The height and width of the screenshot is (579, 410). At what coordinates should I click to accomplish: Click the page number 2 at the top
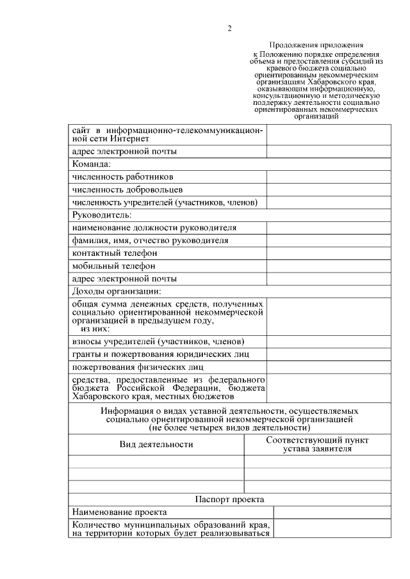229,28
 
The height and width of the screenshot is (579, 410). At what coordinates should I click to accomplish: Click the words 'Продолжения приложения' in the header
316,45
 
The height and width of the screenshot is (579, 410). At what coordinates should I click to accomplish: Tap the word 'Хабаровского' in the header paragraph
331,81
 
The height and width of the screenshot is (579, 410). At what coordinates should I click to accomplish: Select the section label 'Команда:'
92,164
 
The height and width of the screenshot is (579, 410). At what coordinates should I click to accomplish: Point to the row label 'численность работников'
122,177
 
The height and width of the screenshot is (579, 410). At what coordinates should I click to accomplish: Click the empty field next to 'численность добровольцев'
328,190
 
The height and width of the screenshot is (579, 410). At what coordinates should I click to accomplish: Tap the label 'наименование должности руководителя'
154,228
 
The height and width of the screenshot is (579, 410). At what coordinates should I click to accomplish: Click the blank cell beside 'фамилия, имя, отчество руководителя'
328,241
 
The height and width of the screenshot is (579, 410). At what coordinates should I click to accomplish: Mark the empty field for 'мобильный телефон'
328,266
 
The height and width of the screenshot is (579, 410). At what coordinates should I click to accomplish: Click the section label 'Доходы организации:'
116,292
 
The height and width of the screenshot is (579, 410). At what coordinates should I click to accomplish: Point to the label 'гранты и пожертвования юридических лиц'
160,354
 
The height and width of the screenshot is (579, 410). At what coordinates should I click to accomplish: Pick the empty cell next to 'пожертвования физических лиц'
328,367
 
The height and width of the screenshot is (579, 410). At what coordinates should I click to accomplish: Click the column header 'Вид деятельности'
156,444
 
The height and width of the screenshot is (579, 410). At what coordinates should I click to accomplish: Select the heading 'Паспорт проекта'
229,499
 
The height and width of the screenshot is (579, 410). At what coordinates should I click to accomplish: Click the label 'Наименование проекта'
120,512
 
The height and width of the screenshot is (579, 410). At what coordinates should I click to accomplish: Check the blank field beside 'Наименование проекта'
332,512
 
